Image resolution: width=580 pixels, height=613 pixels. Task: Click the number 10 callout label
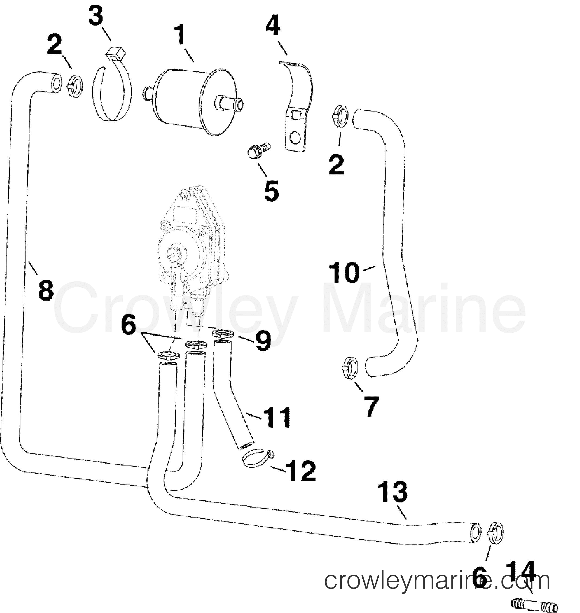point(344,272)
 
